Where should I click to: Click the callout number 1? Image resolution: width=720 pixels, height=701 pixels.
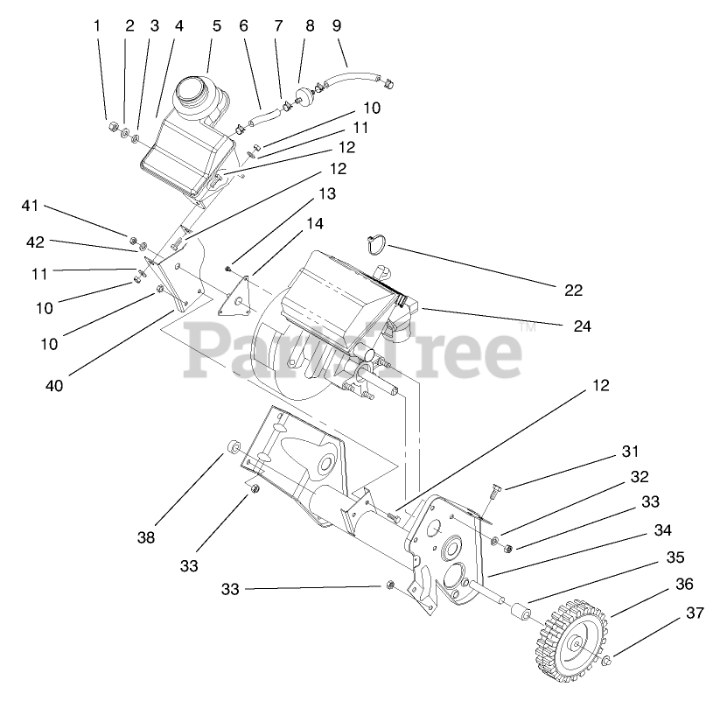pos(98,25)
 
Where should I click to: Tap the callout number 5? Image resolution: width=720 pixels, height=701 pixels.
pos(216,26)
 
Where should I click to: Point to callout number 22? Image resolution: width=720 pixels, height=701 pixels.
pos(573,290)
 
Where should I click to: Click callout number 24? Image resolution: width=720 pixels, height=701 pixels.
pos(583,326)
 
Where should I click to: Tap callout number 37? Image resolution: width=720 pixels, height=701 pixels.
pos(694,613)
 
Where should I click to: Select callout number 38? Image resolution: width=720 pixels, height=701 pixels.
pos(145,537)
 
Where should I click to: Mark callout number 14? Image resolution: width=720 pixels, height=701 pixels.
pos(314,224)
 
